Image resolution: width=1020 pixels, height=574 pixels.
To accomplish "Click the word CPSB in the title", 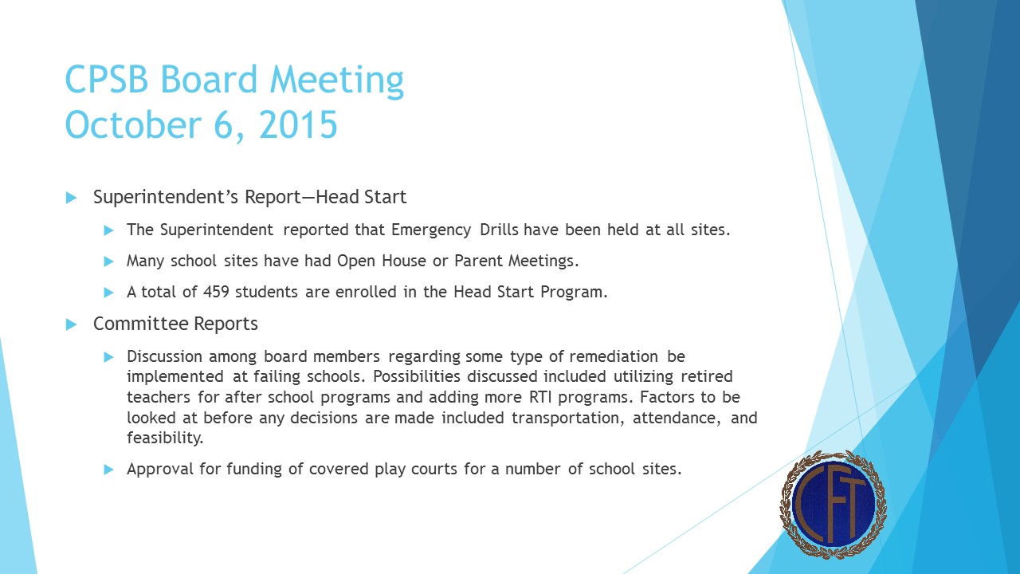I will (107, 80).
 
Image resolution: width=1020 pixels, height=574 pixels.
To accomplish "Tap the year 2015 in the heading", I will (299, 125).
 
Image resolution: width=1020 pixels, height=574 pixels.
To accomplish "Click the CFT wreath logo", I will (833, 505).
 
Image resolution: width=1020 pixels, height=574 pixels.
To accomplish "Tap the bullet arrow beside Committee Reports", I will (71, 324).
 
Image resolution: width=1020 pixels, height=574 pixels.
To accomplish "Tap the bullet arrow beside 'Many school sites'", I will (109, 261).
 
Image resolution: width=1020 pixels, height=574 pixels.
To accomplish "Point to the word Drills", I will (499, 230).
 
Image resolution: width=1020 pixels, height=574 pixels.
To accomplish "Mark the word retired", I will (704, 376).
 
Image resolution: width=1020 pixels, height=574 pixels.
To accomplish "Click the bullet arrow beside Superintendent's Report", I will (71, 197).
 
